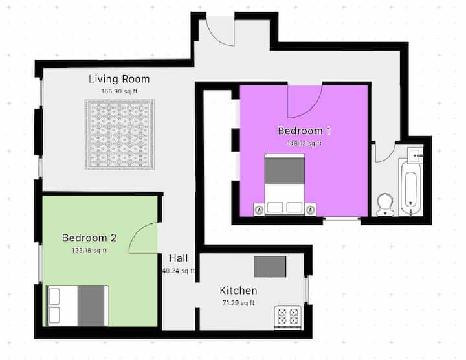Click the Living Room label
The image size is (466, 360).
pyautogui.click(x=119, y=79)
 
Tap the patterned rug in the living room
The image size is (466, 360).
pyautogui.click(x=120, y=135)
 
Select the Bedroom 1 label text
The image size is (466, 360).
pyautogui.click(x=304, y=131)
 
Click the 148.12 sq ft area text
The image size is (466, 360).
pyautogui.click(x=304, y=143)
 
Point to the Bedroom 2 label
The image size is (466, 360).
pyautogui.click(x=89, y=238)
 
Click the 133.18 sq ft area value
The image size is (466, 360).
pyautogui.click(x=89, y=251)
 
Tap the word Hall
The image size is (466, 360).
pyautogui.click(x=179, y=258)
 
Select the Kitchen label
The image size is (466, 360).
pyautogui.click(x=238, y=291)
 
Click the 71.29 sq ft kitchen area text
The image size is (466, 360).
pyautogui.click(x=238, y=303)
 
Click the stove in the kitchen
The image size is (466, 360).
pyautogui.click(x=287, y=317)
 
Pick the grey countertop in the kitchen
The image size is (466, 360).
pyautogui.click(x=270, y=267)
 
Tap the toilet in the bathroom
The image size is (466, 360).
pyautogui.click(x=385, y=205)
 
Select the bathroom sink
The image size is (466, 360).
pyautogui.click(x=415, y=155)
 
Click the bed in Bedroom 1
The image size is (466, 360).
pyautogui.click(x=285, y=185)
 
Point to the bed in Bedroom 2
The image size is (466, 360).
pyautogui.click(x=78, y=306)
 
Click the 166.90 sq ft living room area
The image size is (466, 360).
pyautogui.click(x=119, y=91)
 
